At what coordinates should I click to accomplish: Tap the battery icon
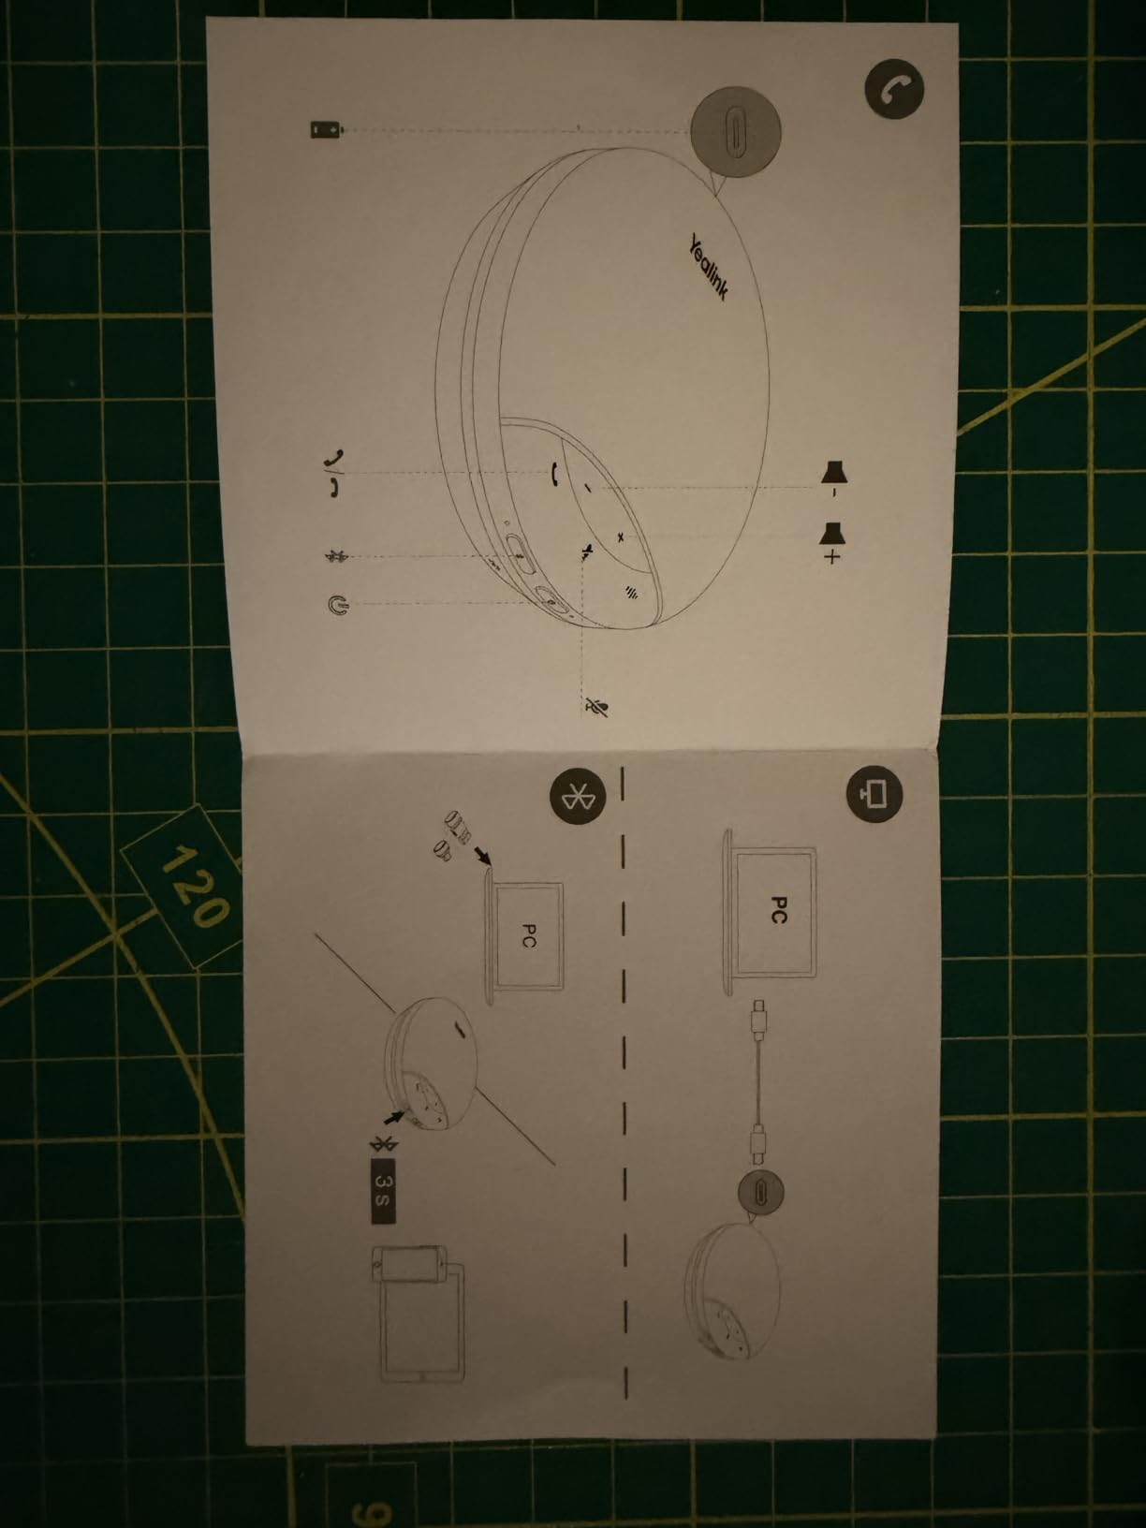coord(327,129)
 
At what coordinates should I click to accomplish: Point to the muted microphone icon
coord(597,706)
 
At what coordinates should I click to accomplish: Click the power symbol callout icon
coord(336,603)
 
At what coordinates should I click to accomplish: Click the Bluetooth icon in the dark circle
coord(578,797)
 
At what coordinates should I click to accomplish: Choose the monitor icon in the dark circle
coord(874,794)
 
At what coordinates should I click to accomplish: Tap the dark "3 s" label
coord(383,1191)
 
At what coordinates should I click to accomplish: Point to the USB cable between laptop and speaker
coord(757,1081)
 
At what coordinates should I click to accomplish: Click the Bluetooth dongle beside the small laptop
coord(451,834)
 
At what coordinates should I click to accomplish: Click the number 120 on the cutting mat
coord(194,886)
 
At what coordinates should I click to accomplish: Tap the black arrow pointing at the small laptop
coord(481,855)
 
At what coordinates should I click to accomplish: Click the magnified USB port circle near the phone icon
coord(736,131)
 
